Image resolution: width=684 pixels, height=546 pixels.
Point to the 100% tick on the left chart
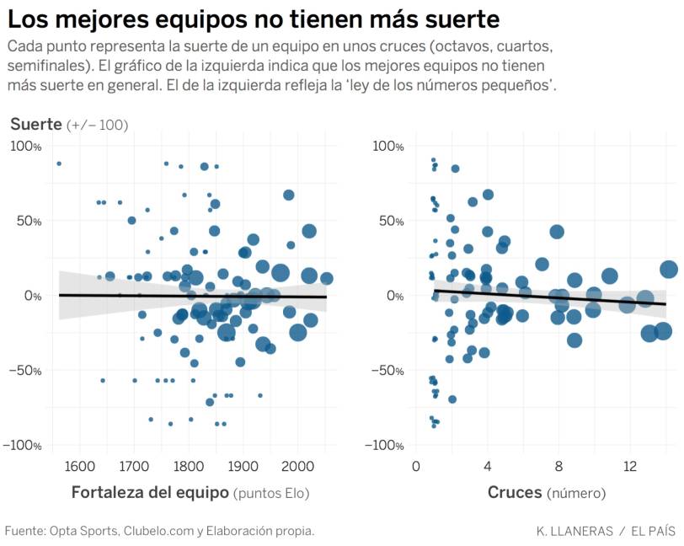25,146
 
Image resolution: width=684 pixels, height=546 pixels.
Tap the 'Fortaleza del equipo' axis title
150,493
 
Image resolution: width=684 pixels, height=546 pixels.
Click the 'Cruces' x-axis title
515,493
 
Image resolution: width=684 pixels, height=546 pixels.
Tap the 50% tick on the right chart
389,221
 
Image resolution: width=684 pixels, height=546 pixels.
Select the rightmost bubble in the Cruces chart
669,270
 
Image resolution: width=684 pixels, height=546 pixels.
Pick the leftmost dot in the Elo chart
59,163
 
